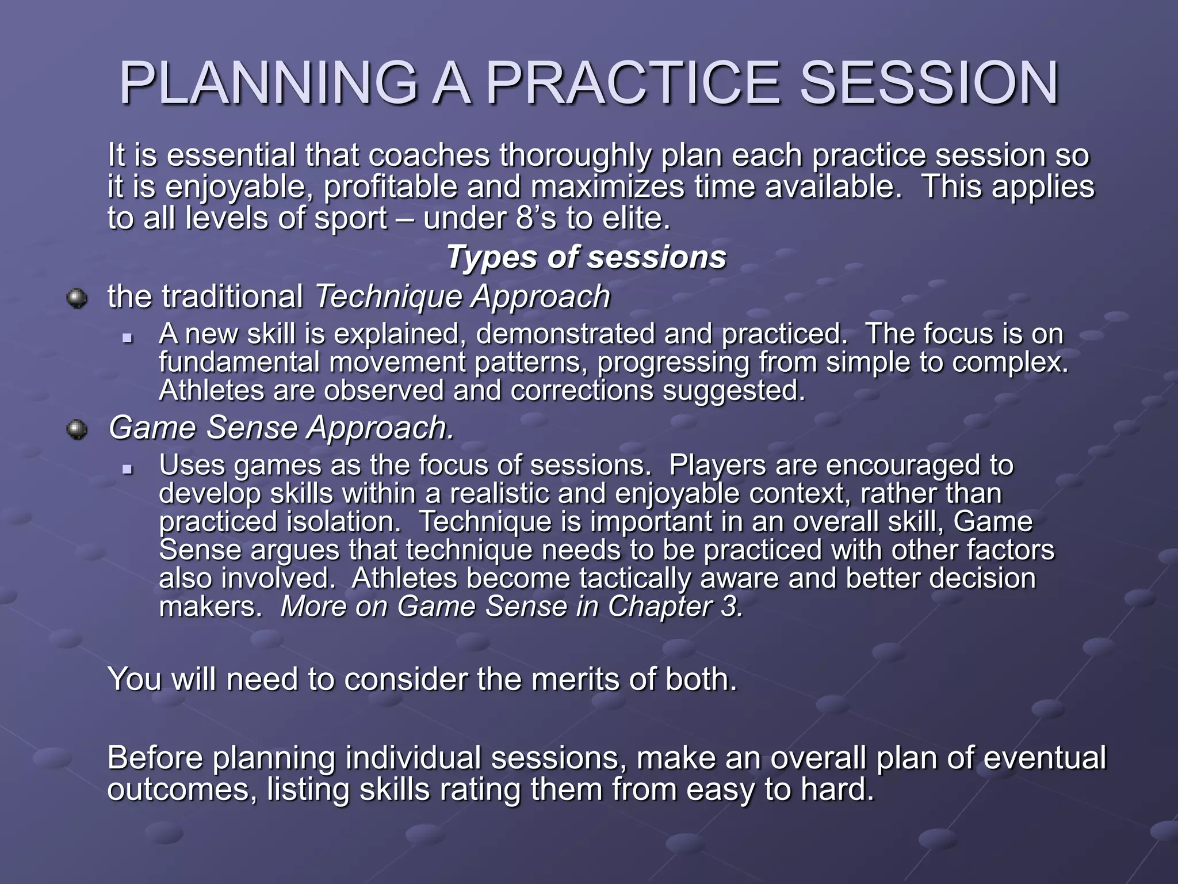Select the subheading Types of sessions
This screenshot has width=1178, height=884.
tap(586, 257)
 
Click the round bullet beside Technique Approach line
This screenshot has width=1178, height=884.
tap(77, 298)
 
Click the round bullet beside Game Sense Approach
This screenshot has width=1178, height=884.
tap(77, 429)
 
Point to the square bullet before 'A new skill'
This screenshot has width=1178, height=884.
tap(128, 338)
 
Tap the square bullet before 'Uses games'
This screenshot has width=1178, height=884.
tap(128, 469)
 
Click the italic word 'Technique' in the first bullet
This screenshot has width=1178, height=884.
tap(389, 297)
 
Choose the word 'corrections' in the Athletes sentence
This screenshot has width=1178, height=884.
tap(582, 391)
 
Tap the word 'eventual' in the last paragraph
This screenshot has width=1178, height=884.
tap(1044, 758)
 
